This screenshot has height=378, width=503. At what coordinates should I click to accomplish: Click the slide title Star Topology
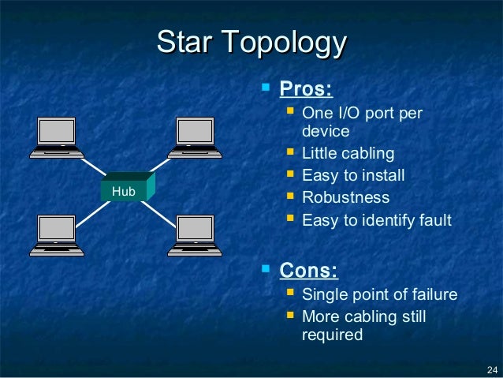251,43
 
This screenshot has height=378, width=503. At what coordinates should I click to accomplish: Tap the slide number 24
492,369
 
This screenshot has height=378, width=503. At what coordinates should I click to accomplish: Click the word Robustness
345,197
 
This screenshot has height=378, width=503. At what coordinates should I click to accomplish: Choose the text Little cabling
348,153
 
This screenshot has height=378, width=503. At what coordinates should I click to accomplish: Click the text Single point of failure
379,295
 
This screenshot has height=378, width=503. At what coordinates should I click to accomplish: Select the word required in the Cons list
332,335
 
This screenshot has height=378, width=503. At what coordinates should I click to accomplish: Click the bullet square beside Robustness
290,196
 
